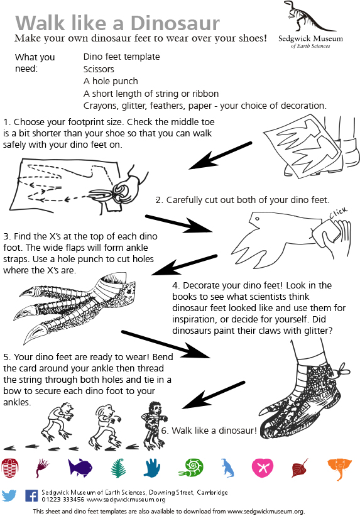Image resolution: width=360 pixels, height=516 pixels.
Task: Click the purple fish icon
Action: [80, 467]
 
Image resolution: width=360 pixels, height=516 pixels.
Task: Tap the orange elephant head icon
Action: [338, 468]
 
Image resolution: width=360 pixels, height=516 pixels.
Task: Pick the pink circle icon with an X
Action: [262, 468]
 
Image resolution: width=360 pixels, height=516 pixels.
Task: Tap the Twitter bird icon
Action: [9, 496]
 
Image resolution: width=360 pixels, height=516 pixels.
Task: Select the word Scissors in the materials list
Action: [101, 69]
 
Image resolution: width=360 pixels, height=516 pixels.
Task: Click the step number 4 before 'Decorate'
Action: [175, 285]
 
